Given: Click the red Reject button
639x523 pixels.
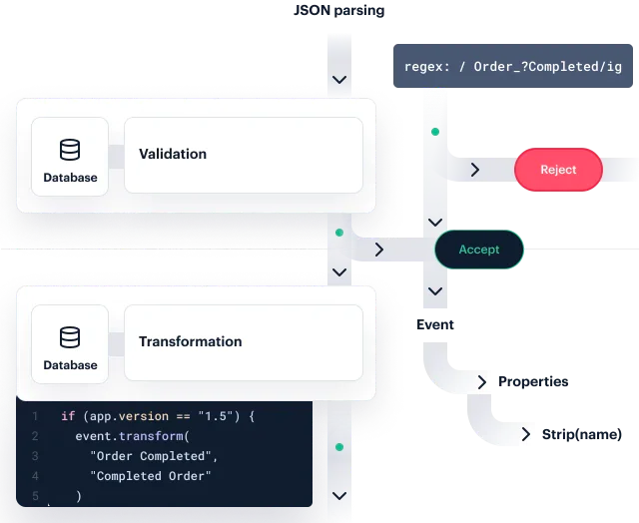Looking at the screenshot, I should pyautogui.click(x=558, y=170).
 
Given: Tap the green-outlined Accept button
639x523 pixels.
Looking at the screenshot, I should pyautogui.click(x=479, y=250).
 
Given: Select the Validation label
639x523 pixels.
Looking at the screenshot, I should pyautogui.click(x=173, y=154).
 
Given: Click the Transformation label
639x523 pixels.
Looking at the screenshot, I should pyautogui.click(x=190, y=341).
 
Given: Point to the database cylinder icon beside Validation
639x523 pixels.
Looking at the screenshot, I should pyautogui.click(x=70, y=151).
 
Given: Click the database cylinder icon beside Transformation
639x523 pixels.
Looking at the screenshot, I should pyautogui.click(x=70, y=337).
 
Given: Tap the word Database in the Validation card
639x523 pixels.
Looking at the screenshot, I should pyautogui.click(x=70, y=178).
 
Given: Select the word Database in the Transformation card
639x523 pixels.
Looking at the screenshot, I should pyautogui.click(x=70, y=365).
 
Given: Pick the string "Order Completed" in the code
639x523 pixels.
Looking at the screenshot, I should pyautogui.click(x=152, y=456).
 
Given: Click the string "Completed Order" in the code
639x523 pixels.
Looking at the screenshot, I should pyautogui.click(x=152, y=476).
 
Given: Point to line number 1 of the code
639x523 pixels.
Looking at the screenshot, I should pyautogui.click(x=34, y=416).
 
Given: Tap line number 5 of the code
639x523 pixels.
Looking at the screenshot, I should pyautogui.click(x=34, y=496).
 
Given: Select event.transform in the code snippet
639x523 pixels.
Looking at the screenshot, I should pyautogui.click(x=131, y=436).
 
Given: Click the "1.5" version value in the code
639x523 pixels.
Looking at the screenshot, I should pyautogui.click(x=218, y=416).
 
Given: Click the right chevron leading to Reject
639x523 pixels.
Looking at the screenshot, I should pyautogui.click(x=475, y=171).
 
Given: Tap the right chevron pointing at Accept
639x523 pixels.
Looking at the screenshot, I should pyautogui.click(x=379, y=250).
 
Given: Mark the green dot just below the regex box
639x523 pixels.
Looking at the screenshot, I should pyautogui.click(x=434, y=132).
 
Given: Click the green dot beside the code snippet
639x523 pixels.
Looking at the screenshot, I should pyautogui.click(x=339, y=447).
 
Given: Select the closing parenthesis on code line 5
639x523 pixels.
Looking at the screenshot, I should pyautogui.click(x=78, y=496).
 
